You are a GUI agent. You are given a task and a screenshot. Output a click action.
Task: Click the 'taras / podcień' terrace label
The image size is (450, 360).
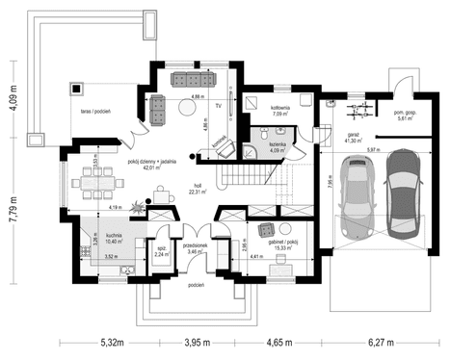(94, 112)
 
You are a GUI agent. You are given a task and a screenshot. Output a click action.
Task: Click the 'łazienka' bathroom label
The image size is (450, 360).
(278, 143)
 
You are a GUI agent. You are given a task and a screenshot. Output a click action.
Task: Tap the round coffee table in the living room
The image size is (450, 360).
(157, 112)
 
